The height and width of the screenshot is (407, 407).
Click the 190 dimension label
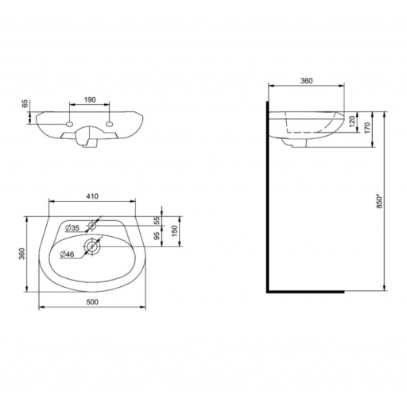tap(90, 100)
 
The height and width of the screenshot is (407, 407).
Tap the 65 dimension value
tap(25, 104)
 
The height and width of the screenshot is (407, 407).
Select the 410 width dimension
tap(92, 196)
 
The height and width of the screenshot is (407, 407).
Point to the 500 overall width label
tap(92, 302)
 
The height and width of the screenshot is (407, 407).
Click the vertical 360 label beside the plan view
tap(22, 254)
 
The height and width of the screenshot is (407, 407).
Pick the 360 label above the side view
tap(307, 81)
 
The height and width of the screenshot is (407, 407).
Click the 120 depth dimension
tap(352, 122)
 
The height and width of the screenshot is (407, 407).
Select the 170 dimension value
tap(367, 128)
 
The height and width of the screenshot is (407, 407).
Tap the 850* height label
tap(379, 202)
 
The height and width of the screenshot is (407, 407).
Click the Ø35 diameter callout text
tap(72, 227)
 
